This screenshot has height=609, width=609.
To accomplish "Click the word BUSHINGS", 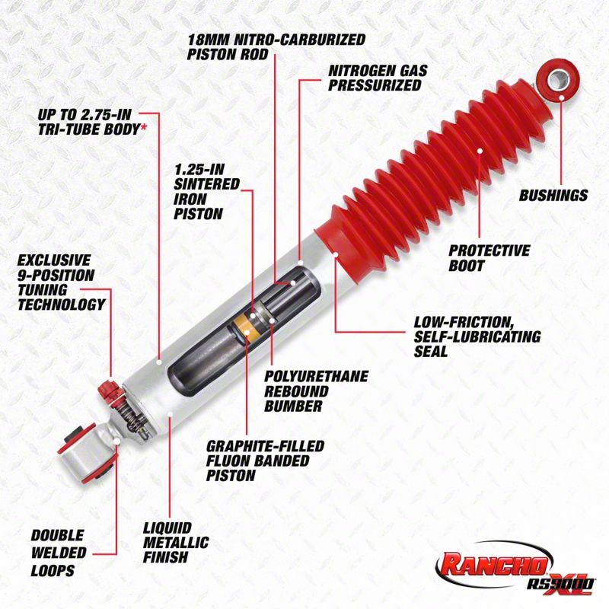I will (553, 196).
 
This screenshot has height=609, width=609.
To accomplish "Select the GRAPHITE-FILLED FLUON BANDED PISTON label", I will (264, 461).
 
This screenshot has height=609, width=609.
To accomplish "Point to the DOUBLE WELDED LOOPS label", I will (58, 553).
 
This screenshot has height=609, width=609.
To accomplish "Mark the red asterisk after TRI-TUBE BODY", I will (143, 129).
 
